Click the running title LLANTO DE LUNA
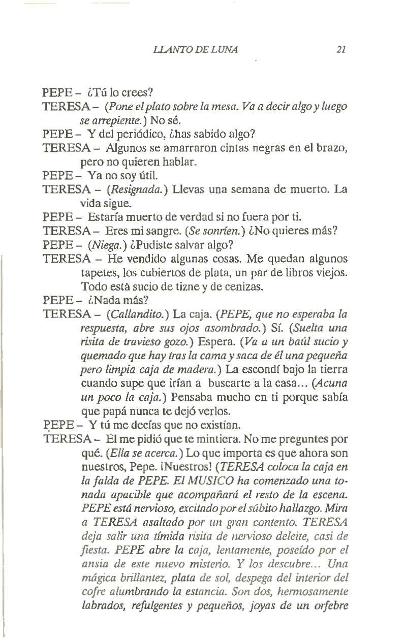pos(196,50)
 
